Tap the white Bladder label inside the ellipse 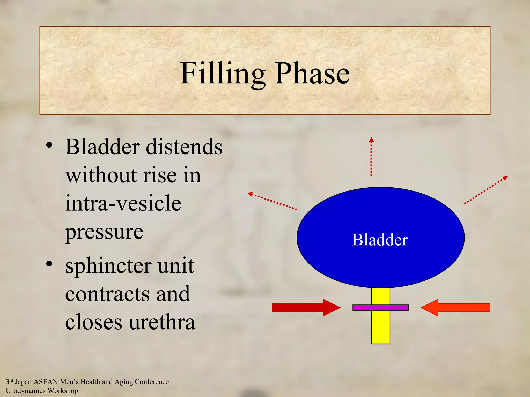(380, 240)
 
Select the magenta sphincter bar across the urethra (380, 308)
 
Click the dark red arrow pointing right (305, 308)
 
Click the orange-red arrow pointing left (455, 308)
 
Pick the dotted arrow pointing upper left (272, 201)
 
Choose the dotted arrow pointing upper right (486, 190)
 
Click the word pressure (104, 232)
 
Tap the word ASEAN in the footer (46, 382)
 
